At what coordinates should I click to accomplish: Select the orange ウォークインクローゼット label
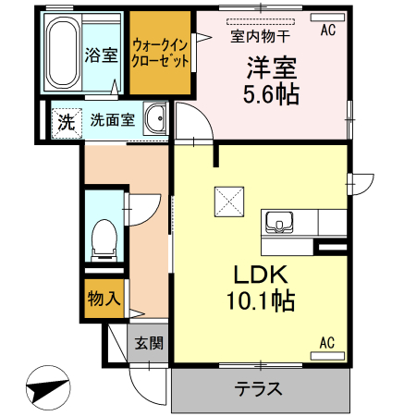161,52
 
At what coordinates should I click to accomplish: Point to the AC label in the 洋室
327,31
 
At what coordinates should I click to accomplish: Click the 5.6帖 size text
272,92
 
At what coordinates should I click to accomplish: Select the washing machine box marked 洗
65,120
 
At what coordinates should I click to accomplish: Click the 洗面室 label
112,120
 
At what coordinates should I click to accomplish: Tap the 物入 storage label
103,299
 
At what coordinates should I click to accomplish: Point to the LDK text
261,275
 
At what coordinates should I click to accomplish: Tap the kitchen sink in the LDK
278,222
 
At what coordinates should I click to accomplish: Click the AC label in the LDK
327,343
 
